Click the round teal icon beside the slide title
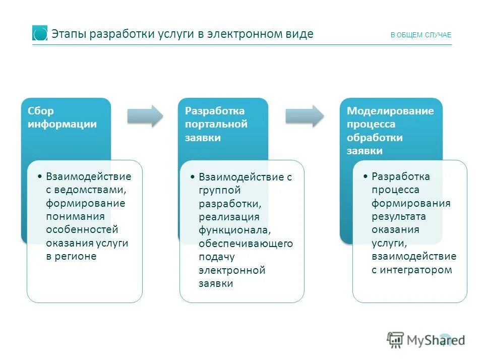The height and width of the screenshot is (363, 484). coord(40,33)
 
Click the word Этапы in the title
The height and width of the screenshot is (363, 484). coord(68,34)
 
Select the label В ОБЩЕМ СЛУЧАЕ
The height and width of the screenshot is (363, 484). coord(421,35)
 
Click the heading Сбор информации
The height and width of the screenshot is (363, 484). coord(63,117)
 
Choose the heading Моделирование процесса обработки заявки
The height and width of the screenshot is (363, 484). coord(390,131)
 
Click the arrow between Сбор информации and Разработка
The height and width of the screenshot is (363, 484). coord(145,116)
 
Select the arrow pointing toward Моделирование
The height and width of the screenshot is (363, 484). coord(305,116)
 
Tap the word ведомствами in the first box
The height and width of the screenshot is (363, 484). coord(89,190)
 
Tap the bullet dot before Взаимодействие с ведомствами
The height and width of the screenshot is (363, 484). coord(40,177)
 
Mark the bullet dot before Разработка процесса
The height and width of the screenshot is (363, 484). coord(366,177)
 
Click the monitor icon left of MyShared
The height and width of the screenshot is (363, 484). coord(396,340)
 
